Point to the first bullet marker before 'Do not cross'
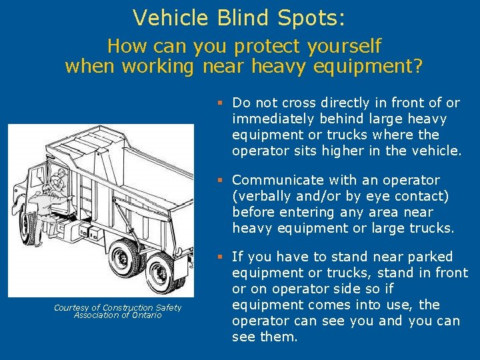[x=219, y=103]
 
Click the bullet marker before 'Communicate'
[x=219, y=180]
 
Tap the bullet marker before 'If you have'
[x=219, y=257]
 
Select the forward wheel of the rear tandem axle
[x=124, y=260]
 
